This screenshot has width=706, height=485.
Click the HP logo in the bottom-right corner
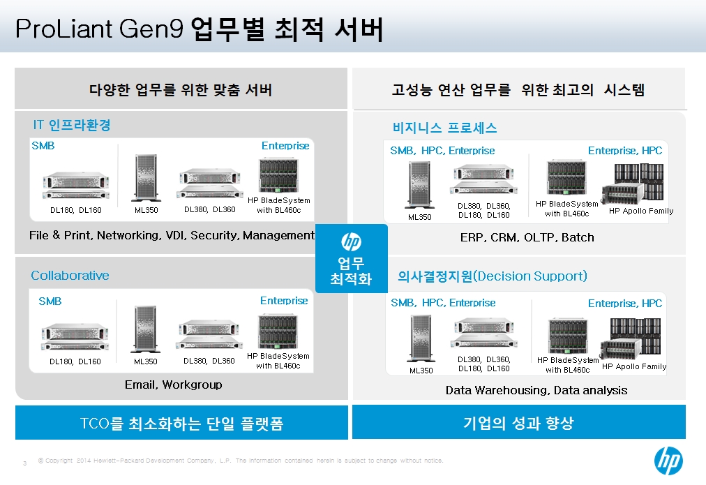click(668, 461)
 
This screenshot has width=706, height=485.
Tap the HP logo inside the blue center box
click(351, 242)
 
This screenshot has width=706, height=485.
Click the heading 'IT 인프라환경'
click(72, 125)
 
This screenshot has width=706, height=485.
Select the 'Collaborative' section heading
click(70, 275)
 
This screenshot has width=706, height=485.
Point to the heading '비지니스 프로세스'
click(445, 128)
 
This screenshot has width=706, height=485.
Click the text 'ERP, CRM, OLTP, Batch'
click(527, 237)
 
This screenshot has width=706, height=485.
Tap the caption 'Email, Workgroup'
click(173, 385)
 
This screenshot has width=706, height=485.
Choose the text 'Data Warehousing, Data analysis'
click(536, 390)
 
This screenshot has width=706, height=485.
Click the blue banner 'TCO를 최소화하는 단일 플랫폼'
click(181, 422)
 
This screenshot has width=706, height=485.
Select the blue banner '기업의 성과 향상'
click(519, 422)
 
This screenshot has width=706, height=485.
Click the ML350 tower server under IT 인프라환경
click(146, 178)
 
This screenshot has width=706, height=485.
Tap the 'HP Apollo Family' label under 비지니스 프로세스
click(641, 211)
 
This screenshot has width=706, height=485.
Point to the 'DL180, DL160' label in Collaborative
click(75, 361)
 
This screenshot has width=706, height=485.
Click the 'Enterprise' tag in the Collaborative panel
click(284, 300)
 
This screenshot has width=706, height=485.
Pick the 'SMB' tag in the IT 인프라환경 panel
click(43, 145)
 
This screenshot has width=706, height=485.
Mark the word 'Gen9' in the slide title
click(151, 29)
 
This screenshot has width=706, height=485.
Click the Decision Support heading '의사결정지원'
click(435, 276)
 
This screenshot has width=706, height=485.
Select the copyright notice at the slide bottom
click(241, 461)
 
